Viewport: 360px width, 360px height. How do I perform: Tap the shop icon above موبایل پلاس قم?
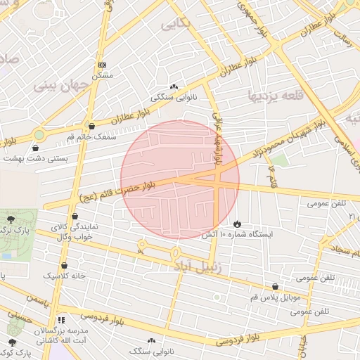pyautogui.click(x=275, y=286)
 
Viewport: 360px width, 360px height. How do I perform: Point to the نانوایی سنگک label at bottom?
pyautogui.click(x=152, y=350)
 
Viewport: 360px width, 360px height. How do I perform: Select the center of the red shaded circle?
pyautogui.click(x=180, y=180)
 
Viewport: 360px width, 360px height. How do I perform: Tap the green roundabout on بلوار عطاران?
pyautogui.click(x=39, y=134)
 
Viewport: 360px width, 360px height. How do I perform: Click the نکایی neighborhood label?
pyautogui.click(x=176, y=25)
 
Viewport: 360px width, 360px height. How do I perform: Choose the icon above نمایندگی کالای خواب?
pyautogui.click(x=75, y=217)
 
